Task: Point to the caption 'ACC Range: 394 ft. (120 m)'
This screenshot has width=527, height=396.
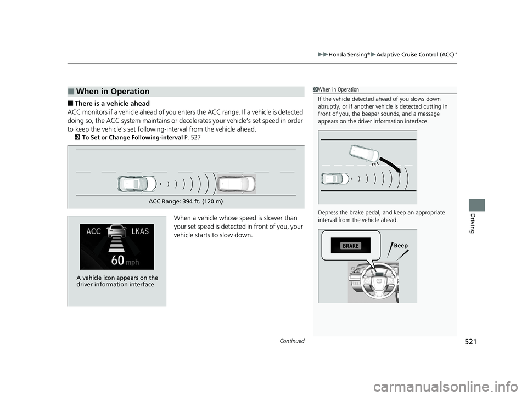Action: (186, 201)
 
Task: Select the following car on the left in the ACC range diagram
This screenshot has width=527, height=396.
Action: (133, 184)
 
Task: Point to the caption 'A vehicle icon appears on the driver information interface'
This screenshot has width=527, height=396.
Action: (116, 281)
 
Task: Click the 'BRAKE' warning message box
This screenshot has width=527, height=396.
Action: (351, 246)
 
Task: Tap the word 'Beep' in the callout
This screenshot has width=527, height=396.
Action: (401, 246)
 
